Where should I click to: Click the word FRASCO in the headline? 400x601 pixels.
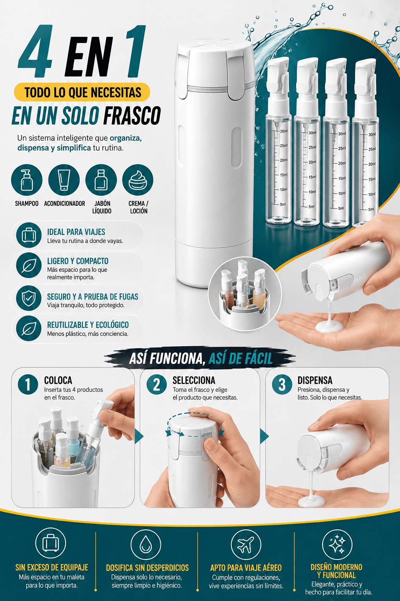coord(132,116)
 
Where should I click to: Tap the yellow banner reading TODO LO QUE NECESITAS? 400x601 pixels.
coord(82,92)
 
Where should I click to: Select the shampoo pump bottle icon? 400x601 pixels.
coord(27,180)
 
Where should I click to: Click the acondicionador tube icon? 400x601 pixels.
coord(64,180)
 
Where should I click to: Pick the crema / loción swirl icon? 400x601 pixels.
coord(138,180)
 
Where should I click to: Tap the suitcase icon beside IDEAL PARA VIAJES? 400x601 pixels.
coord(29,235)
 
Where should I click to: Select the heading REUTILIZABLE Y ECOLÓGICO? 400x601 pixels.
coord(88,325)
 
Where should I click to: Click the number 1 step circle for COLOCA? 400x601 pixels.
coord(28,385)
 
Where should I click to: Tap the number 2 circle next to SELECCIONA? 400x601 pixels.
coord(157,385)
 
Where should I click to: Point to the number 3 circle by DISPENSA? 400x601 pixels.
coord(282,385)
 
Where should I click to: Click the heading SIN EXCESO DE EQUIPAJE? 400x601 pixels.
coord(52,567)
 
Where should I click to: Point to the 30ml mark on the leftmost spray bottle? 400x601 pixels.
coord(284,131)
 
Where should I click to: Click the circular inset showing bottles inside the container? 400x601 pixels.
coord(245,293)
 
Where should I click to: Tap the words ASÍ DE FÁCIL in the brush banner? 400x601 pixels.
coord(240,358)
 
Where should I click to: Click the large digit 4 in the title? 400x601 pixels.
coord(35,51)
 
